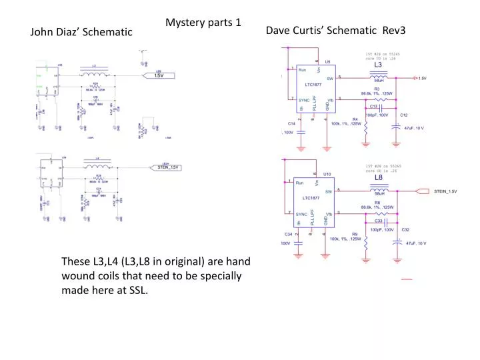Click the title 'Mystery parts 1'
coord(203,23)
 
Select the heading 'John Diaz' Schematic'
coord(81,32)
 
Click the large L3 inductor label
coord(378,65)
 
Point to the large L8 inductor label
coord(378,178)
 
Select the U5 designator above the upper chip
coord(327,61)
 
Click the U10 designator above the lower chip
coord(327,174)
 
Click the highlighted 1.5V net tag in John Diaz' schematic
coord(159,76)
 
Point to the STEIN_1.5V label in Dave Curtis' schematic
coord(445,191)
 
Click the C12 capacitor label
coord(403,115)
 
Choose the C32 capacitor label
coord(405,229)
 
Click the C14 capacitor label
coord(291,124)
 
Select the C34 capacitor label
coord(288,235)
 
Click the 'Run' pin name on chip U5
coord(302,70)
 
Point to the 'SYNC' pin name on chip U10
coord(303,213)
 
